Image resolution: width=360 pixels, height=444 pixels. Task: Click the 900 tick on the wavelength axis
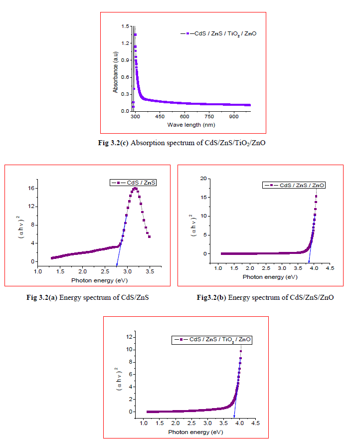coord(233,116)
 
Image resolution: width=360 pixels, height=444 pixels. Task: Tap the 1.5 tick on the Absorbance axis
coord(125,26)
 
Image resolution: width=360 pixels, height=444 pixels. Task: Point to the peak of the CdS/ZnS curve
coord(135,188)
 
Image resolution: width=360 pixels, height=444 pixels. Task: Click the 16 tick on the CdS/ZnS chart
coord(31,188)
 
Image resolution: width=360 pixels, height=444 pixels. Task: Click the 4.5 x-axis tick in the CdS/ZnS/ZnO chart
coord(330,268)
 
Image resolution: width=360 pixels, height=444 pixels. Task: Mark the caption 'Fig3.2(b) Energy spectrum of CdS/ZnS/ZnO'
coord(265,298)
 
